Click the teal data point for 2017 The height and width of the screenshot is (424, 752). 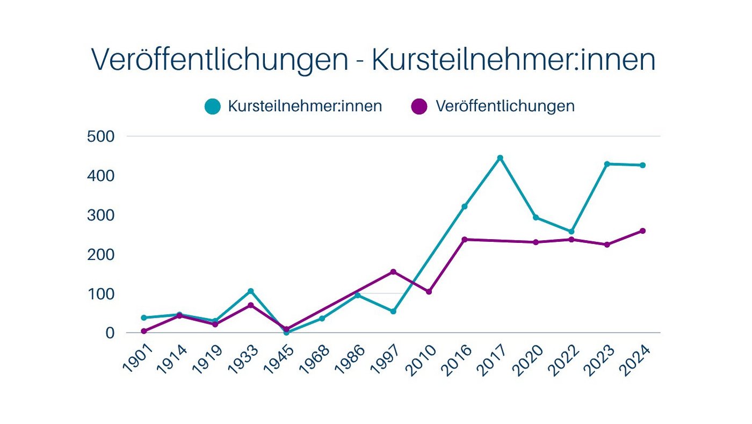click(500, 158)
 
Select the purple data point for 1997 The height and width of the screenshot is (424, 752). click(393, 272)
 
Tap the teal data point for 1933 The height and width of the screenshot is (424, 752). click(250, 291)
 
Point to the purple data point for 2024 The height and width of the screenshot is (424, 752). click(642, 231)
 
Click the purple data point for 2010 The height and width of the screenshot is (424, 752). click(429, 292)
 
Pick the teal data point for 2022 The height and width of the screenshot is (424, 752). click(572, 232)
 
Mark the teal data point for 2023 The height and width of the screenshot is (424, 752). click(607, 164)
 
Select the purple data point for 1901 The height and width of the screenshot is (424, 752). click(144, 331)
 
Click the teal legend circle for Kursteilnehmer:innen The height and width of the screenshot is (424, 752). click(213, 106)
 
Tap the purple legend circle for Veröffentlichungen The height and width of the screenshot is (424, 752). click(419, 106)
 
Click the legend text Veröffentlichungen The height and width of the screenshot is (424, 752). click(505, 106)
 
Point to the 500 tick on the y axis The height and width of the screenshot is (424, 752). click(101, 136)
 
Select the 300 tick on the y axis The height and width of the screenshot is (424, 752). click(101, 215)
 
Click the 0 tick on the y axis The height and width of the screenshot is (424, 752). click(110, 333)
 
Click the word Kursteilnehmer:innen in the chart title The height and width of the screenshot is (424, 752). click(514, 60)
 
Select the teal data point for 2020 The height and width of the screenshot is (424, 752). click(536, 218)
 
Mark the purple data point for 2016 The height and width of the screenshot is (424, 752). click(465, 240)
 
